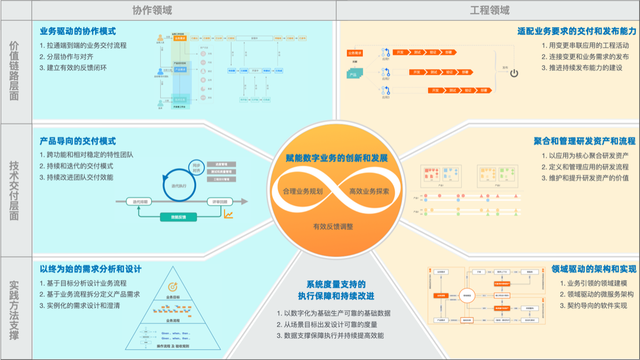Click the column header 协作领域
tap(152, 10)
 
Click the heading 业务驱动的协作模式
tap(78, 32)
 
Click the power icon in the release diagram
tap(514, 73)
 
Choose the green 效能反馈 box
tap(179, 217)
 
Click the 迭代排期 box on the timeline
tap(139, 202)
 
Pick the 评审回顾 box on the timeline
tap(220, 202)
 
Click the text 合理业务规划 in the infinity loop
tap(303, 191)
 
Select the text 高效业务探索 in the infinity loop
tap(369, 191)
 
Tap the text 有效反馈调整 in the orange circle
tap(333, 226)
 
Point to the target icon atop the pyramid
tap(173, 287)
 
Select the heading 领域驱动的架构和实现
tap(594, 269)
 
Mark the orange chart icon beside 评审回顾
tap(229, 215)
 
